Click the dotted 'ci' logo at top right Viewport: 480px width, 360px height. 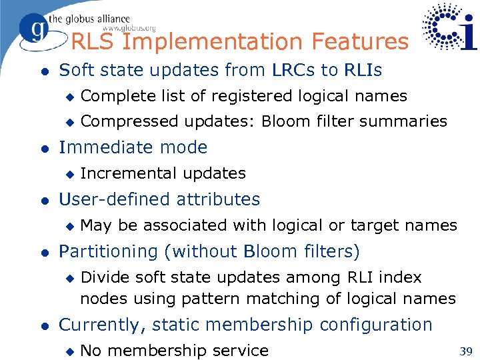[x=450, y=27]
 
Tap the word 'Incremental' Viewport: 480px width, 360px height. [x=120, y=173]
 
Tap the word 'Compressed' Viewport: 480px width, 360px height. [x=129, y=121]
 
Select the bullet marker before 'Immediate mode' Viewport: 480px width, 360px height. [x=43, y=148]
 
